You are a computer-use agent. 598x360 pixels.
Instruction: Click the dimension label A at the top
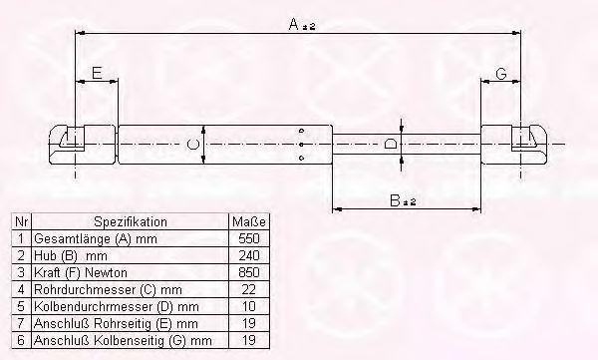[302, 25]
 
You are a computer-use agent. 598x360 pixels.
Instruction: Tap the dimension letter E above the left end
[97, 73]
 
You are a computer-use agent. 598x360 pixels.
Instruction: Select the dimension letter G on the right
[501, 73]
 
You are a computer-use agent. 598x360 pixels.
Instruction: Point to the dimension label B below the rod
[403, 200]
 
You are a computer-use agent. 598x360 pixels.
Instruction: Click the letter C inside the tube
[193, 145]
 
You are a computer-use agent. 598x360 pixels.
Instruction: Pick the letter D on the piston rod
[390, 145]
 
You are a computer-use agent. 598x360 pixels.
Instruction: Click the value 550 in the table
[248, 238]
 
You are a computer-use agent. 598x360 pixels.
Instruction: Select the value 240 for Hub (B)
[248, 255]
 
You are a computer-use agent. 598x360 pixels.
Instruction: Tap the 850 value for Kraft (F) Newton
[248, 272]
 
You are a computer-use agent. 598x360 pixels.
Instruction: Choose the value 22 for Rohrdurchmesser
[248, 289]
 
